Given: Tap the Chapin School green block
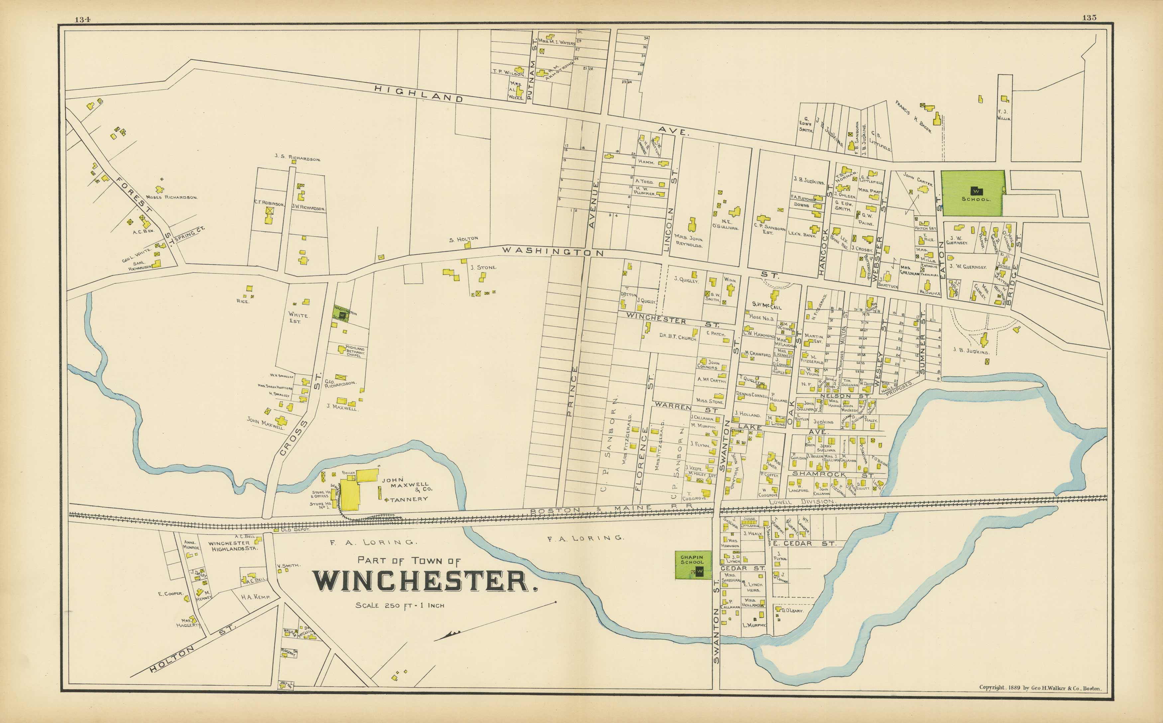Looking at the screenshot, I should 692,565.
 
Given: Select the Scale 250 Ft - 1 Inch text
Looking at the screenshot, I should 400,605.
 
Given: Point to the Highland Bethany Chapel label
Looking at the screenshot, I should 354,352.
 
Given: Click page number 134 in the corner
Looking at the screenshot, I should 82,19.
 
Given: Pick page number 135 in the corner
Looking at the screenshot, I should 1089,18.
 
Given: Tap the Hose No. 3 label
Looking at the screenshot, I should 761,318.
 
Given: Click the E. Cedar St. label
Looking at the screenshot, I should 803,544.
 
